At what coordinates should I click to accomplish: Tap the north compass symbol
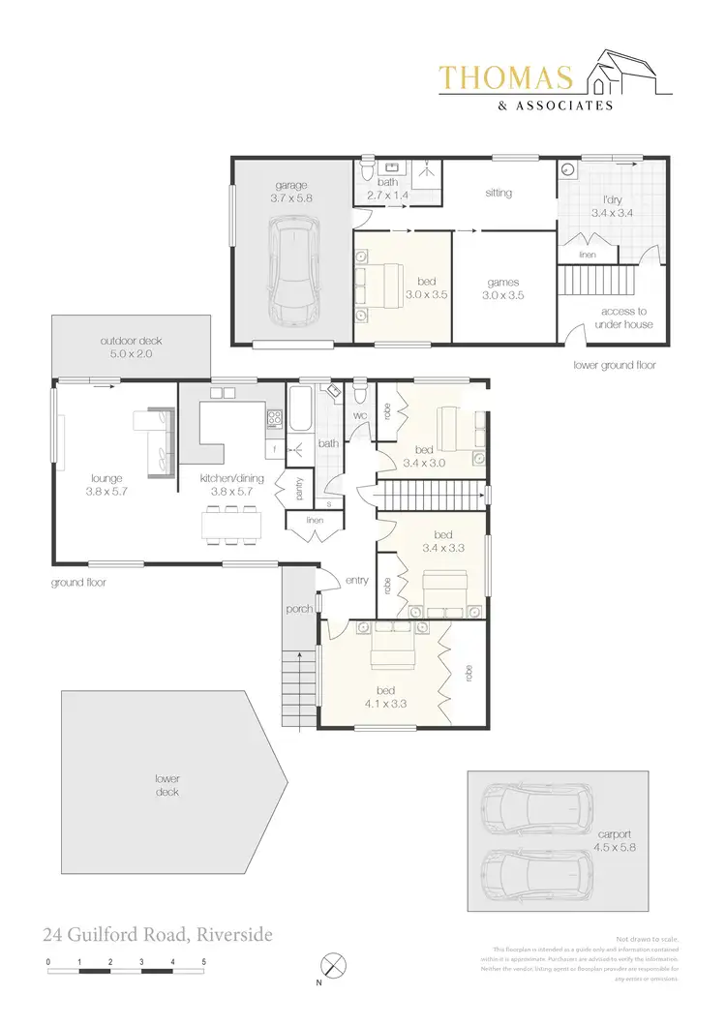click(x=334, y=965)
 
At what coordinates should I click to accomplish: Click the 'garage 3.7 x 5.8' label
click(x=291, y=190)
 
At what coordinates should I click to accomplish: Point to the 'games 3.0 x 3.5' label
click(x=503, y=289)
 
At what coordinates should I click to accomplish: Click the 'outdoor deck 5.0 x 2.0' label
click(x=126, y=347)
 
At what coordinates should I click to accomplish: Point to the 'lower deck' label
click(x=166, y=785)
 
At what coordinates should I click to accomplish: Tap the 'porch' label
click(x=297, y=610)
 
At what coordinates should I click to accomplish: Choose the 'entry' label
click(x=356, y=580)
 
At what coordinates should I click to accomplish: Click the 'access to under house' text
click(x=626, y=317)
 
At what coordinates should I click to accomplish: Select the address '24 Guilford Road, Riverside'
click(x=157, y=935)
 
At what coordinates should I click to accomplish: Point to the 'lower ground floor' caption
click(x=615, y=365)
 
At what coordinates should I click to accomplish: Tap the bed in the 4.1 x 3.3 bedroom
click(x=393, y=646)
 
